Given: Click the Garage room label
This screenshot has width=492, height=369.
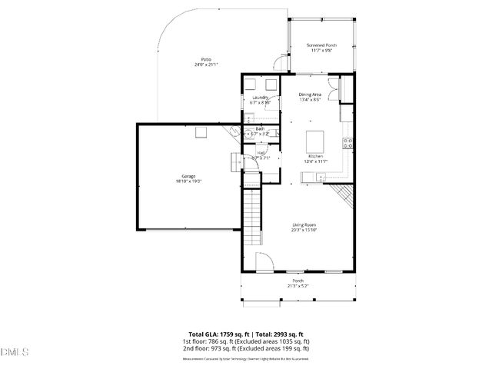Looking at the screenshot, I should click(x=188, y=177).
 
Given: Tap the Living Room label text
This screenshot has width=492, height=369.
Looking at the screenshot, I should click(x=304, y=224).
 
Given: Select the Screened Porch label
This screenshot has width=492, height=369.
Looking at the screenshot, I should click(x=321, y=45).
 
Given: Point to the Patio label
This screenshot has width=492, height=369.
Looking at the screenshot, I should click(x=206, y=60).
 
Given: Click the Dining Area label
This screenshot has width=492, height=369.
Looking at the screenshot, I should click(x=310, y=95).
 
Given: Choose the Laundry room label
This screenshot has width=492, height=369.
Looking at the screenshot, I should click(x=260, y=98).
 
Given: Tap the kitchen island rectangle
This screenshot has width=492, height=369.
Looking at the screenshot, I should click(x=315, y=141).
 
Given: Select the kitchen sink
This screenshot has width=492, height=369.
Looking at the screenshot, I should click(x=319, y=178).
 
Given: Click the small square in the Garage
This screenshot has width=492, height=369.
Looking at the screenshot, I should click(x=201, y=132).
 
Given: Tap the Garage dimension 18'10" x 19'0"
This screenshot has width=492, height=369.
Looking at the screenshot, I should click(x=188, y=182).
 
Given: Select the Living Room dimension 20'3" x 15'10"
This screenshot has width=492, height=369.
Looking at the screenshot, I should click(x=304, y=230).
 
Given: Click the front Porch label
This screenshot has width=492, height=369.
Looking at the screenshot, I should click(x=298, y=281).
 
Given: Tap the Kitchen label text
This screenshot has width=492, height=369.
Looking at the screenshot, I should click(x=315, y=156).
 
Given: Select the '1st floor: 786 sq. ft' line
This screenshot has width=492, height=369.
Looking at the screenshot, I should click(x=245, y=341).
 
